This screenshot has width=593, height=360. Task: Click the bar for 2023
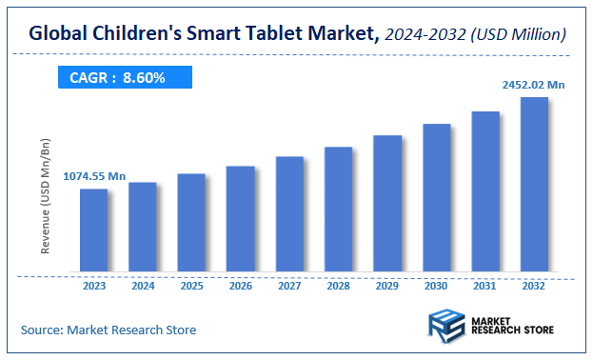tap(93, 230)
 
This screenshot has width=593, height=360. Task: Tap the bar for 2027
tap(289, 213)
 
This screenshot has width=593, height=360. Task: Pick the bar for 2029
tap(387, 203)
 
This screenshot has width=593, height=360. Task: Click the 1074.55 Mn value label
tap(94, 176)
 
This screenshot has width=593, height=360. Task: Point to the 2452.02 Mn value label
tap(534, 85)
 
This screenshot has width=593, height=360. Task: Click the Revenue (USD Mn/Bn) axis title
tap(45, 196)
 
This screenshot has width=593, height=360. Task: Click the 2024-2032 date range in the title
tap(426, 34)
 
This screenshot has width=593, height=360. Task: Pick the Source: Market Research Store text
tap(109, 330)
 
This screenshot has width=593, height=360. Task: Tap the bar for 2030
tap(436, 197)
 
